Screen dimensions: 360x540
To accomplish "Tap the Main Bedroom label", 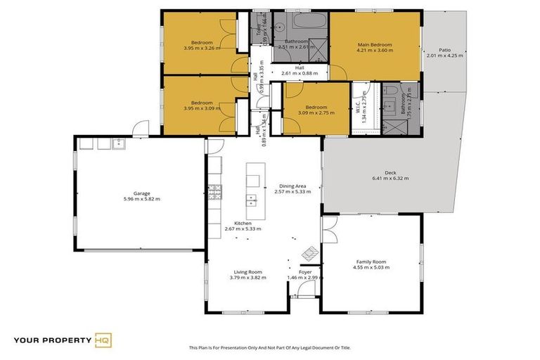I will click(375, 44).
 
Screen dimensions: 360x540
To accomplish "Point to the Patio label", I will click(445, 50).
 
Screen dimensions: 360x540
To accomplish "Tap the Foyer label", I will click(305, 271).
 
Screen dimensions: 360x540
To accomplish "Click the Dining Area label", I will click(291, 186).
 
